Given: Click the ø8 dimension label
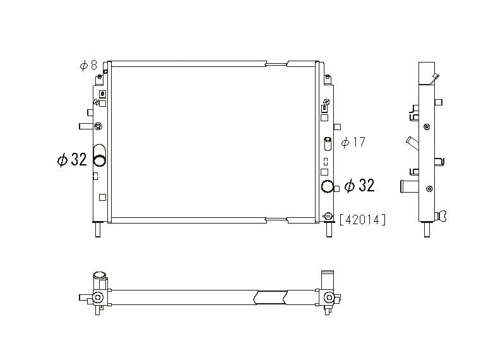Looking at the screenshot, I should coord(88,65).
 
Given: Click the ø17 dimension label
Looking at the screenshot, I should coord(353,142).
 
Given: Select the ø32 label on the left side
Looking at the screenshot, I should coord(71,160).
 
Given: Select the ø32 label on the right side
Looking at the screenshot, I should coord(359,185).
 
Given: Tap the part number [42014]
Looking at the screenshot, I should coord(362,220).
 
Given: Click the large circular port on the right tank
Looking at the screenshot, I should coord(327,186).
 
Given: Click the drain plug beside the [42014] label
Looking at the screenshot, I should coord(327,217).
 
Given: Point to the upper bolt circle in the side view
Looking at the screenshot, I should coord(428,127).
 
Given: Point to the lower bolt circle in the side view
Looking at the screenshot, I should coord(430,188).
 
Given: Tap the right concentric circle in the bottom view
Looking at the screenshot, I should coord(328,297).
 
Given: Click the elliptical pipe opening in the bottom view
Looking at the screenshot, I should coord(99,275).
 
